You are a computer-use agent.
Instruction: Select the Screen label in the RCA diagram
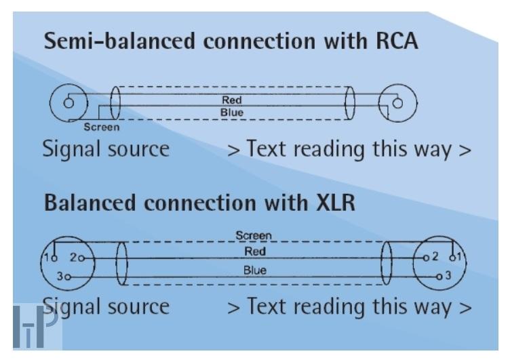(102, 127)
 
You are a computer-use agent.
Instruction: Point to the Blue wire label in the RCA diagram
(232, 112)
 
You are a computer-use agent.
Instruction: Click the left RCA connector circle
(68, 104)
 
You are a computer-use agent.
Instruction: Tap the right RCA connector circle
(397, 104)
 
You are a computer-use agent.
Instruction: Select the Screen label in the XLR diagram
(253, 236)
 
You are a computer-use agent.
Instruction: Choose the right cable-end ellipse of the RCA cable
(350, 104)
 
